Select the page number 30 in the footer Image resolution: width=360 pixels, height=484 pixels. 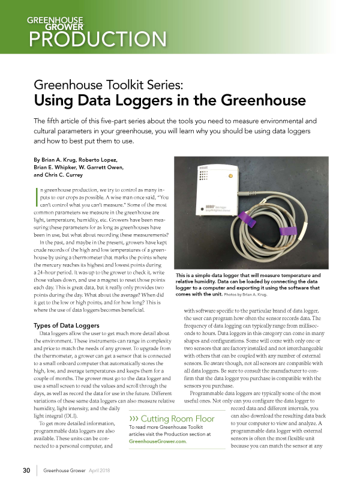26,470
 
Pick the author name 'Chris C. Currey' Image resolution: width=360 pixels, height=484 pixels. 60,175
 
